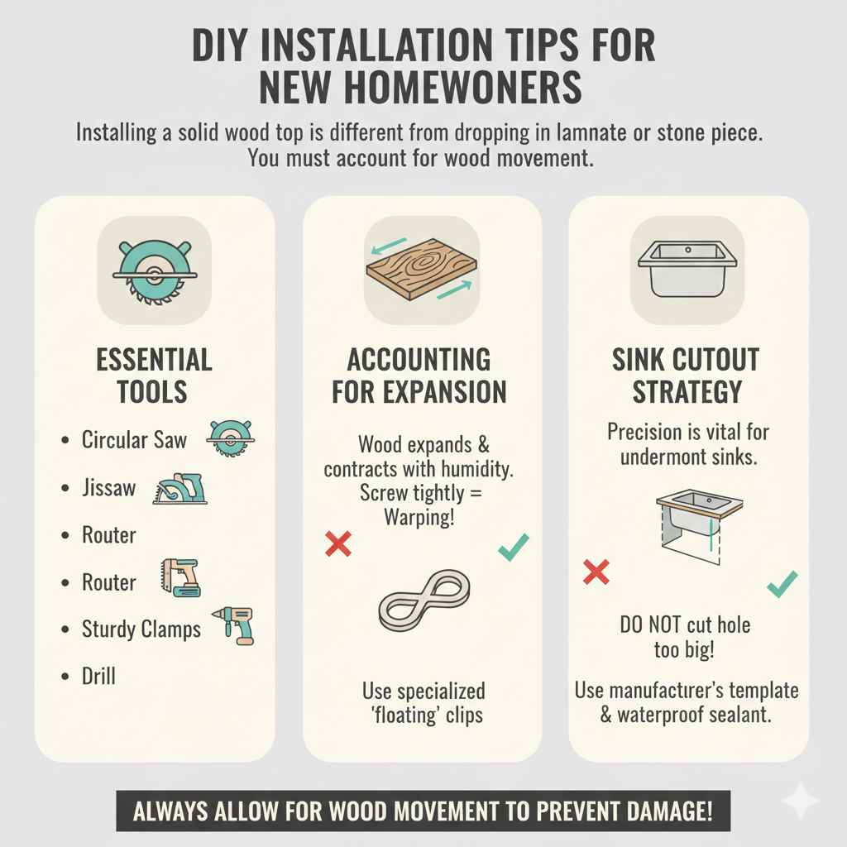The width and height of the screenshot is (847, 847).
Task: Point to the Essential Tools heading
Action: coord(154,376)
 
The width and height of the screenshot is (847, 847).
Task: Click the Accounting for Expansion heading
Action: coord(419,376)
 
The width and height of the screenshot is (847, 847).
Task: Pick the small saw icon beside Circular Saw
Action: coord(231,438)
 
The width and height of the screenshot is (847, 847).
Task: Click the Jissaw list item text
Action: coord(108,488)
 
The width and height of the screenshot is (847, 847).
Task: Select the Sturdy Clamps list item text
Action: coord(141,629)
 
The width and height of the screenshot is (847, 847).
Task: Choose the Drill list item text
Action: coord(98,677)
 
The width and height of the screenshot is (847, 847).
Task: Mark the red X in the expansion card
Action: coord(338,543)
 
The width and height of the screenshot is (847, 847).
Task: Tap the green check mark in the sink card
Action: coord(782,584)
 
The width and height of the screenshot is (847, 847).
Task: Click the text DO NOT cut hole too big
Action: coord(685,637)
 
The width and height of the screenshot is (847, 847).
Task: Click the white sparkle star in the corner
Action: coord(800,800)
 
